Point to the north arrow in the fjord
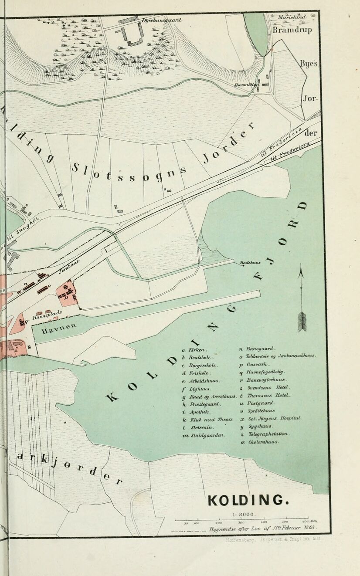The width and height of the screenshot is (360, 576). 301,301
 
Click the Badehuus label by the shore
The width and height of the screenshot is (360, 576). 250,263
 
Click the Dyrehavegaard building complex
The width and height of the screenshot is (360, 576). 133,34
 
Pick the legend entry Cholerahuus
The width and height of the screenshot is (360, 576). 260,442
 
